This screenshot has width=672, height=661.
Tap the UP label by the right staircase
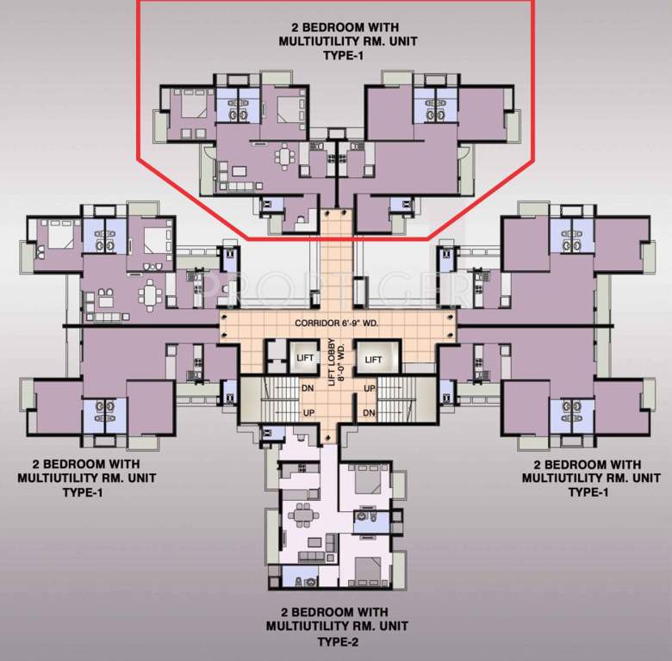(370, 388)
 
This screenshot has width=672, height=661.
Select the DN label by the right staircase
(370, 413)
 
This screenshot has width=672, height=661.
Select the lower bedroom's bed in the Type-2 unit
(365, 569)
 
